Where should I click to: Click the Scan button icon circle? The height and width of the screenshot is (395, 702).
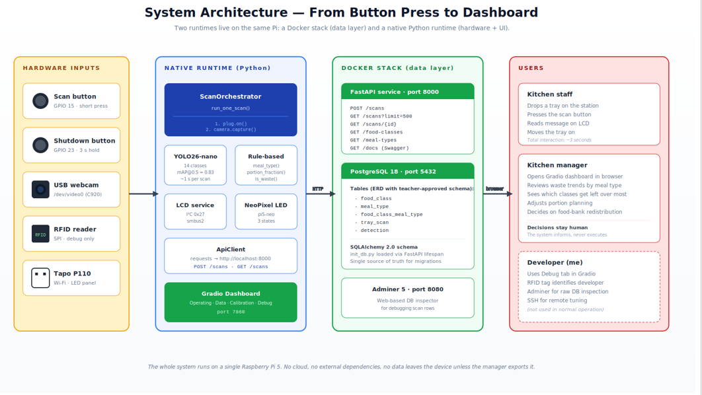click(40, 100)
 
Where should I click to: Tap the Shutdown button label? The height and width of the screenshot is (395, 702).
click(84, 141)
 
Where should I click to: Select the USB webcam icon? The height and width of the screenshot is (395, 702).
click(40, 189)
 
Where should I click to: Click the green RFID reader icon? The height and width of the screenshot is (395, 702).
click(40, 234)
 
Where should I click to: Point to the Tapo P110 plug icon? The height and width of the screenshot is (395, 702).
click(40, 278)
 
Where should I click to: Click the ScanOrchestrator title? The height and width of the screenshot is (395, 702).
click(231, 96)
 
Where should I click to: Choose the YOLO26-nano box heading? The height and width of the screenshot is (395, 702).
click(195, 156)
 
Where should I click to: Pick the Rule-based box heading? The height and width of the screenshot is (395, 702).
click(266, 156)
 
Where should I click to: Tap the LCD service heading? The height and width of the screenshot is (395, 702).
click(195, 205)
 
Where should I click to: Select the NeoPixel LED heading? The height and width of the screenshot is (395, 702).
click(266, 205)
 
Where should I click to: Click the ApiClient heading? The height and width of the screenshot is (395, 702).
click(231, 249)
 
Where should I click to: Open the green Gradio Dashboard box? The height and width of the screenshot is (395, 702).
click(231, 302)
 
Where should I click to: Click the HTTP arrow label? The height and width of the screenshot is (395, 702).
click(318, 189)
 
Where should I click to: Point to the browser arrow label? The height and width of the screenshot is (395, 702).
click(494, 189)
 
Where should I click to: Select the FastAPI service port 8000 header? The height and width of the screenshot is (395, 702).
click(407, 91)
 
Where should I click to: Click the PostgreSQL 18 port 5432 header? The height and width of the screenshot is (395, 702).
click(407, 171)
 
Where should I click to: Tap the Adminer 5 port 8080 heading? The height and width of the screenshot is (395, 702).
click(407, 289)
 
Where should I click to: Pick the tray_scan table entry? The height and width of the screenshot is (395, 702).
click(375, 223)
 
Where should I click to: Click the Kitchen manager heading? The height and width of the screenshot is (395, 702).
click(557, 165)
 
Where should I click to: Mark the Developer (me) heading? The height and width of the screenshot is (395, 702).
click(555, 263)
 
